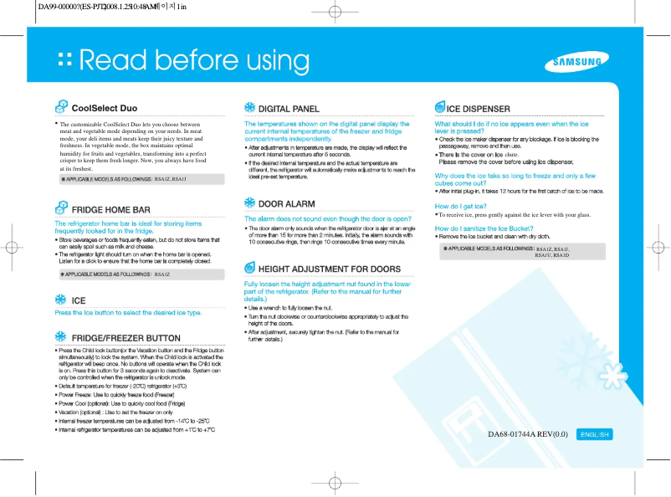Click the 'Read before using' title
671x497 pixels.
point(193,61)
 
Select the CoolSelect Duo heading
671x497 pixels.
point(105,109)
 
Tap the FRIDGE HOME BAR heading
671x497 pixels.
point(111,209)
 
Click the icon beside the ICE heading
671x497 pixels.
point(61,300)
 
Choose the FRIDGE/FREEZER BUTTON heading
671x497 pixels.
point(126,338)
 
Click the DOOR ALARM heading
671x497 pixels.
point(287,203)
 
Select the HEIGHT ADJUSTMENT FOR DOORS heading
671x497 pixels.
point(329,269)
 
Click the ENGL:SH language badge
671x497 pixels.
point(595,434)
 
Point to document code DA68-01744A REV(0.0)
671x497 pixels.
point(528,434)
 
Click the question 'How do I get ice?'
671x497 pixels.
point(461,205)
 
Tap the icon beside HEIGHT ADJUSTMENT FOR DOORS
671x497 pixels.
point(249,269)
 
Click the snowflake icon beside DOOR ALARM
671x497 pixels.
point(249,203)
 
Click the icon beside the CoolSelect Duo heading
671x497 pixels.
point(61,108)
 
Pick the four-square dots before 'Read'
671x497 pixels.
point(64,61)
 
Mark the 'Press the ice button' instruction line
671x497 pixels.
point(128,313)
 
